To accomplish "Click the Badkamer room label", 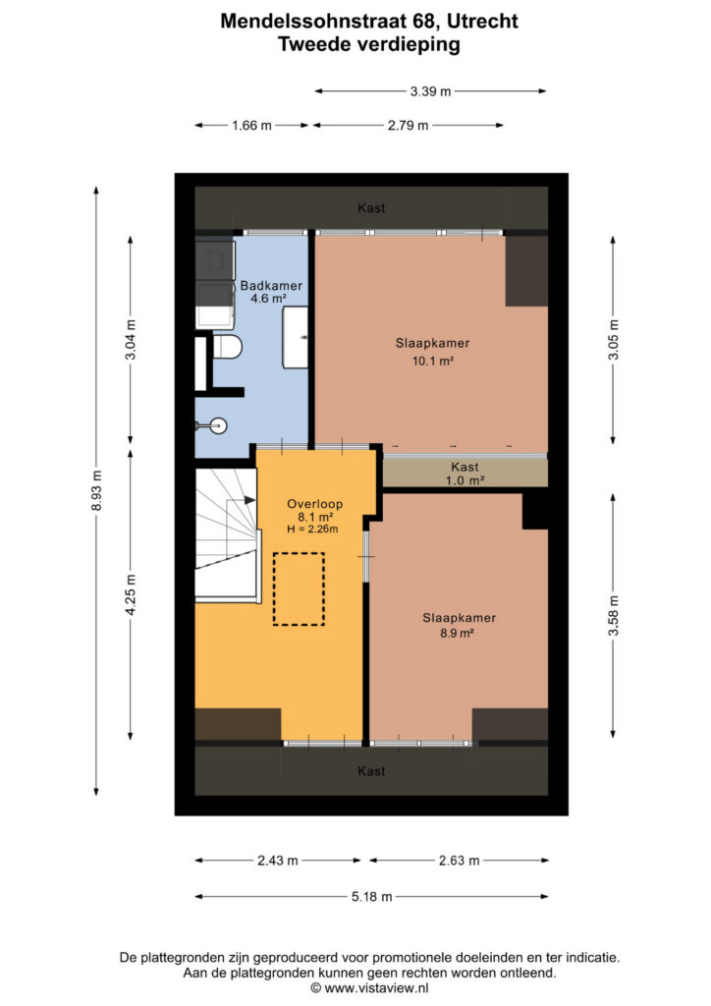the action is (271, 286).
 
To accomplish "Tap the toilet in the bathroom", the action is (226, 348).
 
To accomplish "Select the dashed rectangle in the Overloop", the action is (299, 589).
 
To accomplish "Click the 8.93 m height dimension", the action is (96, 491).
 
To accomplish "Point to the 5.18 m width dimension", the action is (372, 896).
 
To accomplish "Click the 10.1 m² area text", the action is (433, 362).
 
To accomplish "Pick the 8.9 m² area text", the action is (457, 634).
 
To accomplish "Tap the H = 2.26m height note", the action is (313, 530).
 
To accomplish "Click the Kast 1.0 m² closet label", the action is (465, 474).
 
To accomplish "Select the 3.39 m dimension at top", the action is (431, 91).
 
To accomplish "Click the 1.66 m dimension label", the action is (252, 126).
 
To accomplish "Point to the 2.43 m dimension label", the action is (278, 861).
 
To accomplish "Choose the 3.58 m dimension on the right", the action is (614, 615).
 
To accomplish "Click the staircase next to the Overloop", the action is (228, 534).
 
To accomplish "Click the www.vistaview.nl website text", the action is (376, 988).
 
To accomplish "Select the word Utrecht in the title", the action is (482, 22).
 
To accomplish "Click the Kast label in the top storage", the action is (371, 208).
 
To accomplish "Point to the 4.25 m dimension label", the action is (131, 594).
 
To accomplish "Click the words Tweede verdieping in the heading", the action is (369, 45).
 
